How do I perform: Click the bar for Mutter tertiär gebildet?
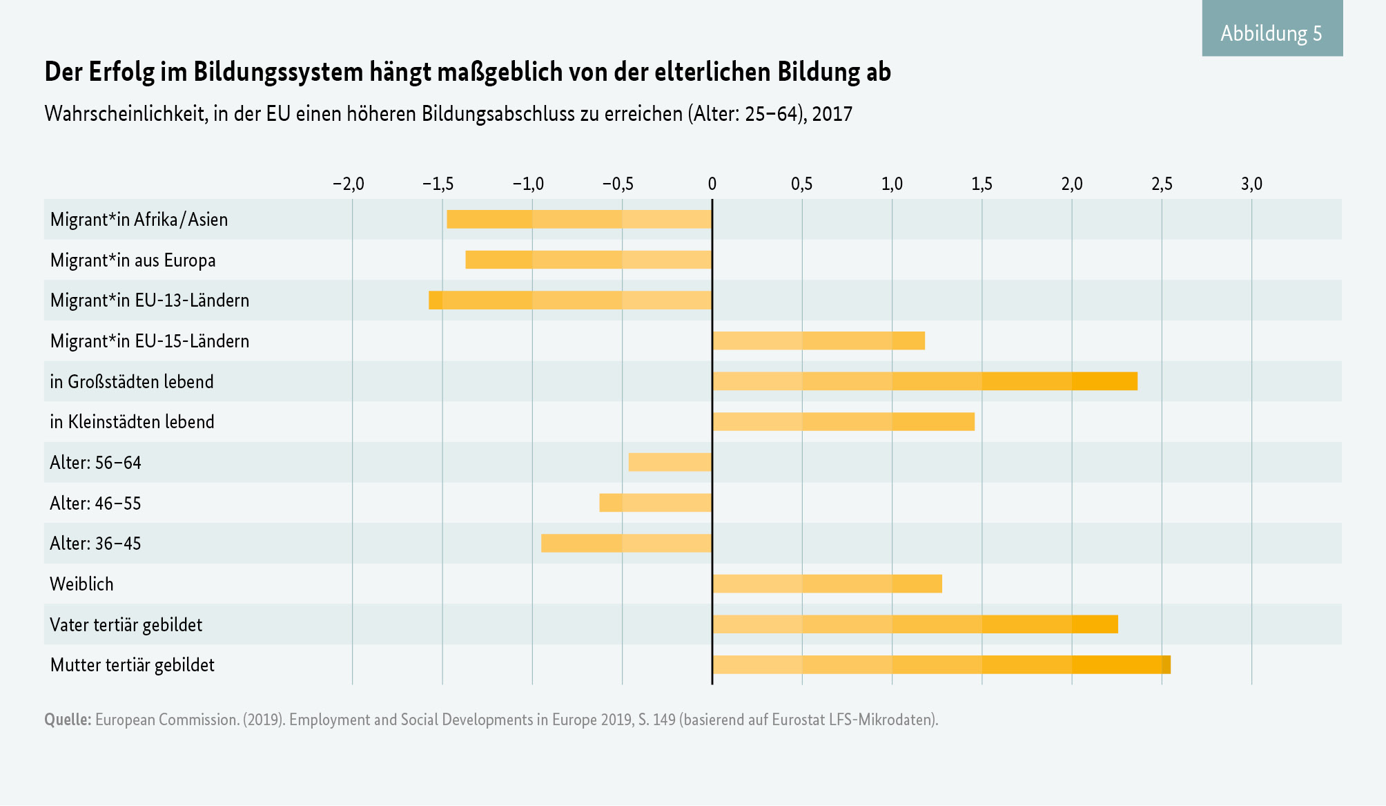pyautogui.click(x=941, y=665)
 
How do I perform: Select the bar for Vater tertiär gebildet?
pyautogui.click(x=915, y=624)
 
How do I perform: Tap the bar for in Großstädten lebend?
pyautogui.click(x=925, y=381)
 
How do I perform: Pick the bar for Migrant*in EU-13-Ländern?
pyautogui.click(x=570, y=300)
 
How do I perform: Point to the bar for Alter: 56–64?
pyautogui.click(x=670, y=462)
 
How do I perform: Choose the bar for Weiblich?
pyautogui.click(x=827, y=584)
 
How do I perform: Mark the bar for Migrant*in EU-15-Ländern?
pyautogui.click(x=819, y=341)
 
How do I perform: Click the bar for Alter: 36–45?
pyautogui.click(x=627, y=544)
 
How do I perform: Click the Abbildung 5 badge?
pyautogui.click(x=1271, y=32)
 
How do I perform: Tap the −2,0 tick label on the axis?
pyautogui.click(x=348, y=184)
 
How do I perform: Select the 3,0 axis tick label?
pyautogui.click(x=1251, y=184)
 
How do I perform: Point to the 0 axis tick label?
pyautogui.click(x=712, y=184)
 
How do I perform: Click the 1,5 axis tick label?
pyautogui.click(x=982, y=184)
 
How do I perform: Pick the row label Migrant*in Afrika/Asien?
pyautogui.click(x=139, y=220)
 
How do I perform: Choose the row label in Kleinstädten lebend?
pyautogui.click(x=132, y=422)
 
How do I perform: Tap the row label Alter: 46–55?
pyautogui.click(x=95, y=503)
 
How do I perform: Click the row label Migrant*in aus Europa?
pyautogui.click(x=133, y=260)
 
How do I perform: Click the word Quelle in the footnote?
pyautogui.click(x=67, y=720)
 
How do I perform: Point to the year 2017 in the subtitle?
pyautogui.click(x=832, y=114)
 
